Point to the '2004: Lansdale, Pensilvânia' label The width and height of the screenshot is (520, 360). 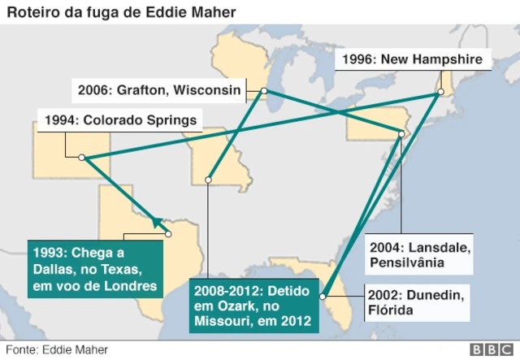(x=418, y=254)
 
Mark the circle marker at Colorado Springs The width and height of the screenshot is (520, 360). (x=82, y=158)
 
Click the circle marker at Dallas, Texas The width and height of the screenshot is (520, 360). (x=169, y=234)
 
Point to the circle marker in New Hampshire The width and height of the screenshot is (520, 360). (x=440, y=92)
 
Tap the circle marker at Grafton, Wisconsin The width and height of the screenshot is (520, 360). (x=264, y=92)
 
